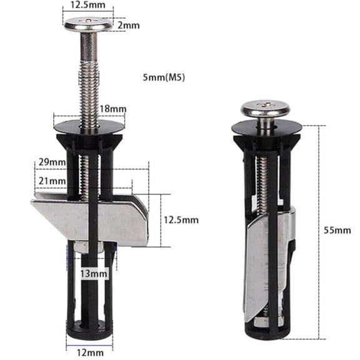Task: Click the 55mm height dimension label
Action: (337, 230)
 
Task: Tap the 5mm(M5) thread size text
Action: (164, 77)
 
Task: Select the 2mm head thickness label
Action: (128, 25)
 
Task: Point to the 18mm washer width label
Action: (113, 109)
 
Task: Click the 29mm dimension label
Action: (52, 162)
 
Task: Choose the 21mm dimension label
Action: (52, 181)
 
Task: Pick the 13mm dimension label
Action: (94, 274)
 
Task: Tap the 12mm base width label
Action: (90, 352)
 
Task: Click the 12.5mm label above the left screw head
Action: (87, 5)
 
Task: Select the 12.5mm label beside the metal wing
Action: (181, 220)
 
